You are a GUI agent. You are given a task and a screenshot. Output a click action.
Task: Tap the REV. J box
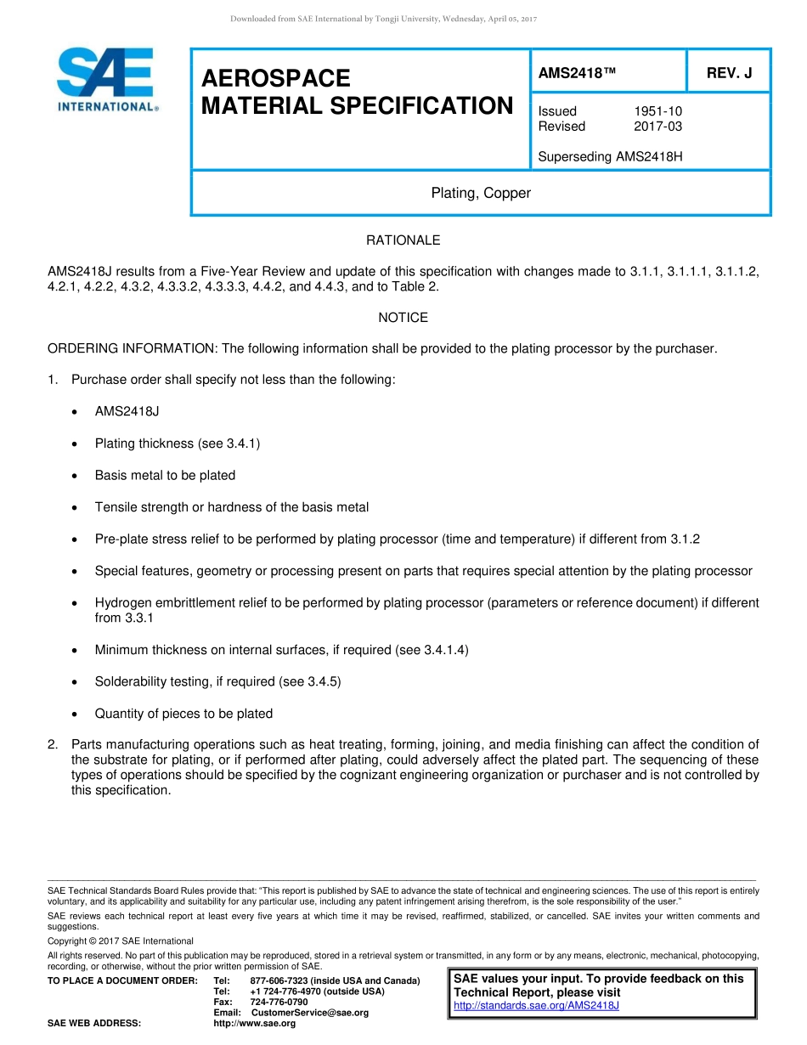729,73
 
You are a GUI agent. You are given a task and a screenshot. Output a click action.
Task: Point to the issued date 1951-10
657,111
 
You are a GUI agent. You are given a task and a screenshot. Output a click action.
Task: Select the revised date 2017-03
657,127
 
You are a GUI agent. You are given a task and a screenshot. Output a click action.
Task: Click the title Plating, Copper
481,193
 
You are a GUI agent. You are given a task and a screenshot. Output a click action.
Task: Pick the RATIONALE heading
403,240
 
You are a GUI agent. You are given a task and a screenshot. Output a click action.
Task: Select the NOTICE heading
403,317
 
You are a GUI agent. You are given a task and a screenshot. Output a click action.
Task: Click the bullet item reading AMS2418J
127,411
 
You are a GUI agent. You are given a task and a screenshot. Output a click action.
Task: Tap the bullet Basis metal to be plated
165,475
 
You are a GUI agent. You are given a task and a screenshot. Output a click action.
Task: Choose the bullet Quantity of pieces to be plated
183,714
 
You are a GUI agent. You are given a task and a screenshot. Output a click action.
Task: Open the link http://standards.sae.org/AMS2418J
536,1006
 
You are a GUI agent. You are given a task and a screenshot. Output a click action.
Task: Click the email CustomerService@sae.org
310,1013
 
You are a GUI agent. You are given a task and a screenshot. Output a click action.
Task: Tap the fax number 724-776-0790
279,1002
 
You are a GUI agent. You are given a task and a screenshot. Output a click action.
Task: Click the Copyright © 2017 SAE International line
121,940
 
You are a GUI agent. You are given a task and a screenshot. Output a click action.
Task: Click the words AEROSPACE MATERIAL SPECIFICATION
357,93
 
